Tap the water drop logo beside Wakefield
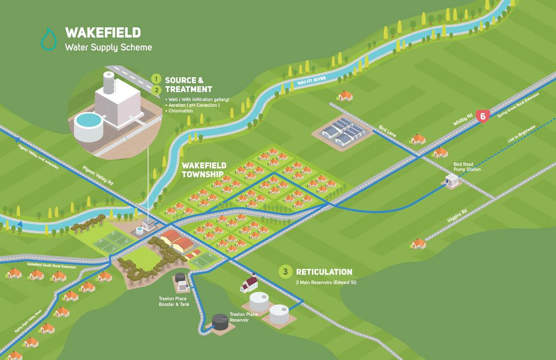(49, 40)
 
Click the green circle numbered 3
(284, 272)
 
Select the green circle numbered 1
(156, 79)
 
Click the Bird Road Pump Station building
(452, 181)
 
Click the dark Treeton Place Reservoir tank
(220, 321)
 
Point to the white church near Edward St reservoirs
(249, 284)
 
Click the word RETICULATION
(324, 272)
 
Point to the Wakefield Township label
(204, 169)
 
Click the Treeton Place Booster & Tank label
(174, 301)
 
